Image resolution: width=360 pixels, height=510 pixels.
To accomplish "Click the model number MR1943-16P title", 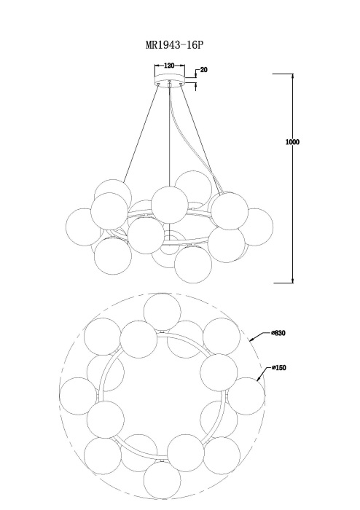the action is click(174, 45).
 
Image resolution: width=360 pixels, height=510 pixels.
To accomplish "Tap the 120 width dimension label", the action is click(169, 66).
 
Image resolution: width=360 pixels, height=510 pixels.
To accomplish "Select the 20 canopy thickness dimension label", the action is click(203, 70).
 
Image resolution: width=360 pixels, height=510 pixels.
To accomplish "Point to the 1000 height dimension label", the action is click(292, 142).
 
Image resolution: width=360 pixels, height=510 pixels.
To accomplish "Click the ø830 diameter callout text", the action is click(278, 333).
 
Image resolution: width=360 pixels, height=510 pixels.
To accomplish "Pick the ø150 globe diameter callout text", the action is click(278, 368).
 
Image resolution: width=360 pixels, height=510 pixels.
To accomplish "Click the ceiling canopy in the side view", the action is click(169, 79).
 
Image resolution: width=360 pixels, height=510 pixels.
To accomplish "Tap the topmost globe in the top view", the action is click(162, 313).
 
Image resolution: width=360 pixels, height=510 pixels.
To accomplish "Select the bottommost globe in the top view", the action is click(162, 479).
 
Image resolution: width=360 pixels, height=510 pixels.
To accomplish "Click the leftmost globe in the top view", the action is click(78, 396).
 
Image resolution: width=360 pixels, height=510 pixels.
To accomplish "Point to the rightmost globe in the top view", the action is click(246, 396).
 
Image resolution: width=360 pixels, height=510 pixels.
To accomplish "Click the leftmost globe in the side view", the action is click(84, 227).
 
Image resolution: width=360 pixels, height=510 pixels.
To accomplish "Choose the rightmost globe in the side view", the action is click(254, 227).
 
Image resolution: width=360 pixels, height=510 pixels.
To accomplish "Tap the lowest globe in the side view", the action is click(193, 264).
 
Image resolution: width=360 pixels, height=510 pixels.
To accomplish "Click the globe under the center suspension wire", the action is click(169, 205).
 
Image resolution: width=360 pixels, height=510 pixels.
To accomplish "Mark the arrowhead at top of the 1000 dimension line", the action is click(293, 76).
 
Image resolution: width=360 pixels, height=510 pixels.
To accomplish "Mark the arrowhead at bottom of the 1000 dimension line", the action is click(293, 280).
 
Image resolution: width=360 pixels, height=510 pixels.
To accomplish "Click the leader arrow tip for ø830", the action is click(250, 341).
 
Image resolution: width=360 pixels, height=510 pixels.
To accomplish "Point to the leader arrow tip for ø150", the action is click(257, 380).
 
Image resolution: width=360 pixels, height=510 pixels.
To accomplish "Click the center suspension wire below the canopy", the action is click(169, 137).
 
